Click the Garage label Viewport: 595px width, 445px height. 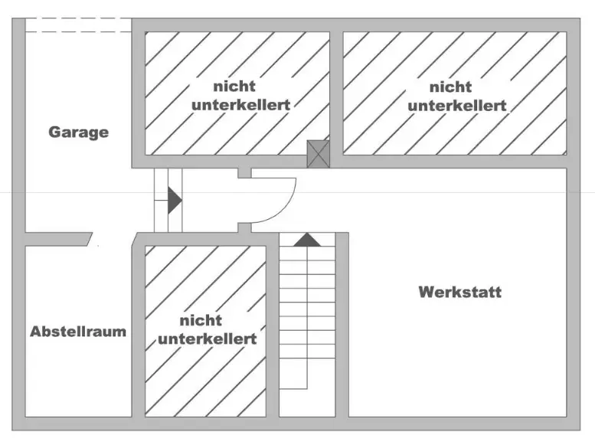coord(79,132)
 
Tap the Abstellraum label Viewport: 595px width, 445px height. coord(78,332)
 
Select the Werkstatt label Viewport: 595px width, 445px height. coord(459,292)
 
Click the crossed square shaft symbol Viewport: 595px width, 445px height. coord(318,154)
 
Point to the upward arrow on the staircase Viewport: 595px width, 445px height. coord(307,240)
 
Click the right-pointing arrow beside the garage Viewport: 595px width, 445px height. coord(174,201)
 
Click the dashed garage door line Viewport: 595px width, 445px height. coord(79,25)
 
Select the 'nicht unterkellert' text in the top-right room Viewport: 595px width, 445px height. coord(457,97)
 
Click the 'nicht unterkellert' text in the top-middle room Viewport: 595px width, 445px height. coord(240,97)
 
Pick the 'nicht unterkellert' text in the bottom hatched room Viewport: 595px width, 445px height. coord(207,329)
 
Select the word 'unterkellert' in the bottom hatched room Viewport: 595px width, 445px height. coord(207,339)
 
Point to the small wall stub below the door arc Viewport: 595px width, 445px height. coord(244,227)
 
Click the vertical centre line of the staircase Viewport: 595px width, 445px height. coord(307,322)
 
